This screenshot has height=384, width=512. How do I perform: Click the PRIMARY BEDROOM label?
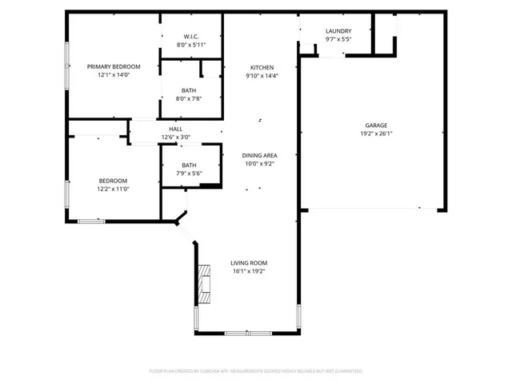114,66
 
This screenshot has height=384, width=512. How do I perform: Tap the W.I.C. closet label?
190,36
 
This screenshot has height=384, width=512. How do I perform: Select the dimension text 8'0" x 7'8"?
190,98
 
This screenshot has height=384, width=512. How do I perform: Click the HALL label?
175,129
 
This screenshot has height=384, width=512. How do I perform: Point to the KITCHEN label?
262,67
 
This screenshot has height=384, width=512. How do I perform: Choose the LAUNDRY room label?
338,31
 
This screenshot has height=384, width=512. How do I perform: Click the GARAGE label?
377,126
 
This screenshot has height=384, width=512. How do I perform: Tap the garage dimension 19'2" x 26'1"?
377,134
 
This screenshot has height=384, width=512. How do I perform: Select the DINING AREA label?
262,155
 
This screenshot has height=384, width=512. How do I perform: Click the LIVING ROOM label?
249,262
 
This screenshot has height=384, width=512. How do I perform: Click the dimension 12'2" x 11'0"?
113,189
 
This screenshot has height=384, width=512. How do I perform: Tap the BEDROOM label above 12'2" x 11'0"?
113,181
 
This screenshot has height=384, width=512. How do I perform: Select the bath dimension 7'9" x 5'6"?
189,173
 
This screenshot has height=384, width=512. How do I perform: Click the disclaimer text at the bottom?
256,371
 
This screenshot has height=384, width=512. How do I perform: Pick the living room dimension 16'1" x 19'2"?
249,271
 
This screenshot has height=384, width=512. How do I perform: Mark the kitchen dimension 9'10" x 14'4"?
262,76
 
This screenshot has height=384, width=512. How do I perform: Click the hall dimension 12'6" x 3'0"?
175,137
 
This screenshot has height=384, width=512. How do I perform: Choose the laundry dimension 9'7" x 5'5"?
338,39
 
